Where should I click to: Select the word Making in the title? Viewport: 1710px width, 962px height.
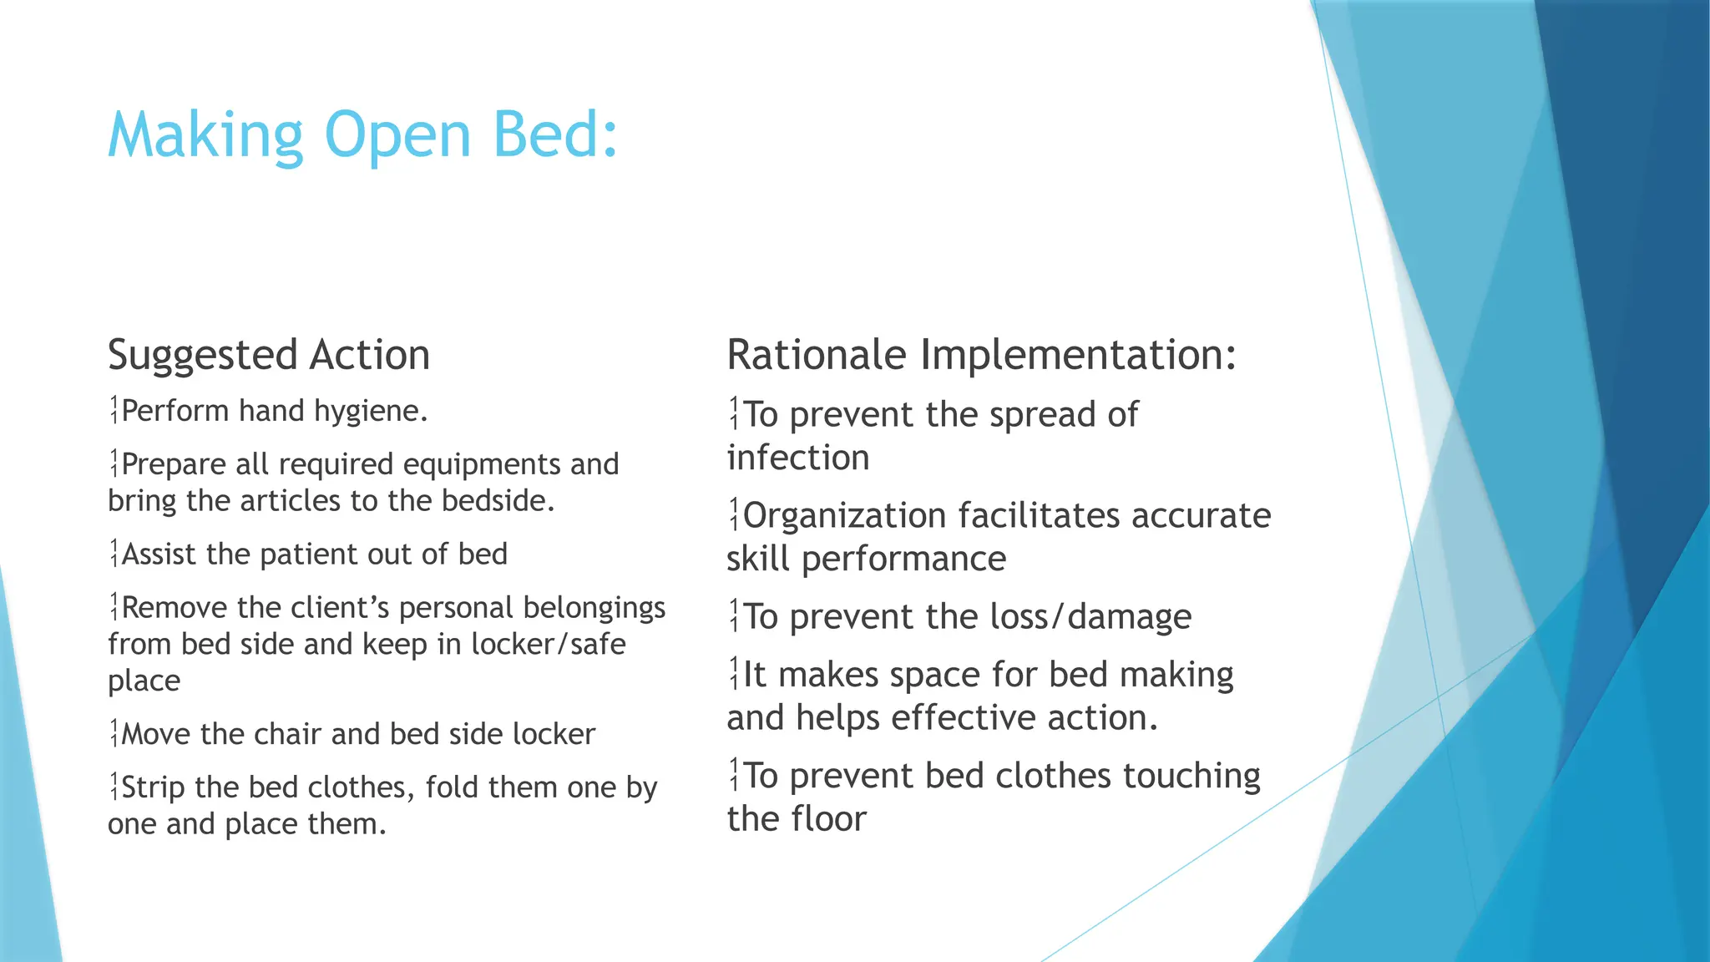[x=205, y=135]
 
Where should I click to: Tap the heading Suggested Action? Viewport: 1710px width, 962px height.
[x=269, y=355]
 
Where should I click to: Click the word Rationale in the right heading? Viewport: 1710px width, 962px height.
[x=817, y=355]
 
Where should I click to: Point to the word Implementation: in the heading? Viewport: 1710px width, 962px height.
[x=1078, y=355]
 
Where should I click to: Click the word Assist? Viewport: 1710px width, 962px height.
[x=160, y=554]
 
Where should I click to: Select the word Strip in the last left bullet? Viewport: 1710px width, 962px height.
[x=154, y=787]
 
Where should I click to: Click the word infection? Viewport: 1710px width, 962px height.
[x=798, y=458]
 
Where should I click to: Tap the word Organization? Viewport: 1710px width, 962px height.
[x=845, y=516]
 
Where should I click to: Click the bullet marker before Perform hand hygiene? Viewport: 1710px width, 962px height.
[x=114, y=411]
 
